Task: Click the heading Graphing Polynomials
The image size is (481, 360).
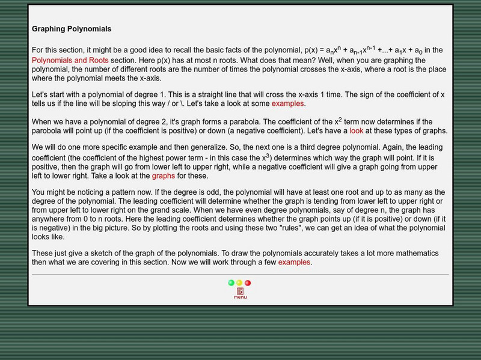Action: coord(72,29)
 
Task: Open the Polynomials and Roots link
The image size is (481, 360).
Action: coord(70,61)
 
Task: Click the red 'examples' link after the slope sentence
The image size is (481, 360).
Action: coord(288,103)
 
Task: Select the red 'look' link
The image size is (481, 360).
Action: coord(357,130)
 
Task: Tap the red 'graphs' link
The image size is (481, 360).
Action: coord(164,175)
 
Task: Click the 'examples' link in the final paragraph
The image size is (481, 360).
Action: coord(295,262)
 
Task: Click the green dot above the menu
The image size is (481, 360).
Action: coord(231,282)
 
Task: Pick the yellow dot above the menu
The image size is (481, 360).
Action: coord(239,282)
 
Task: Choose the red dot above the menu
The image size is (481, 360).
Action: coord(248,282)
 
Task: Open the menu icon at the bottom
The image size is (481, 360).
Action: coord(240,293)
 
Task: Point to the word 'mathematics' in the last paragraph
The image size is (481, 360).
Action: coord(415,254)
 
